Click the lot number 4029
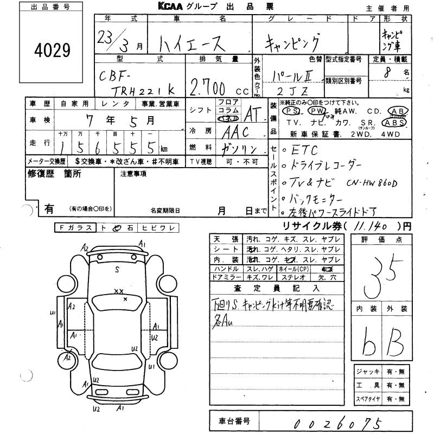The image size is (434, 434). (53, 52)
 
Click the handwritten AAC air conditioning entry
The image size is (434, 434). (234, 132)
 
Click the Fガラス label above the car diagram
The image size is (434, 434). (76, 228)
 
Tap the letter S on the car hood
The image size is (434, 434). (117, 268)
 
